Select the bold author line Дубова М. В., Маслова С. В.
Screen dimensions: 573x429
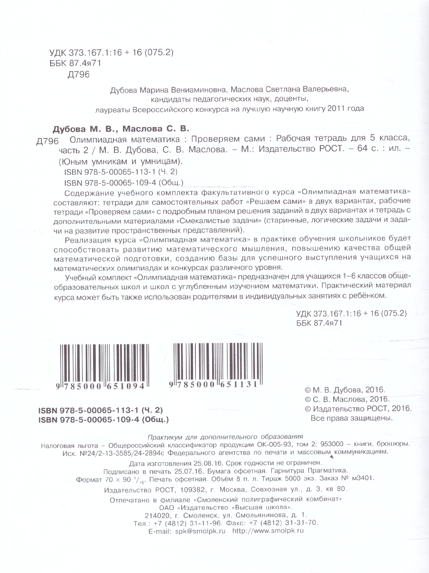[120, 128]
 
